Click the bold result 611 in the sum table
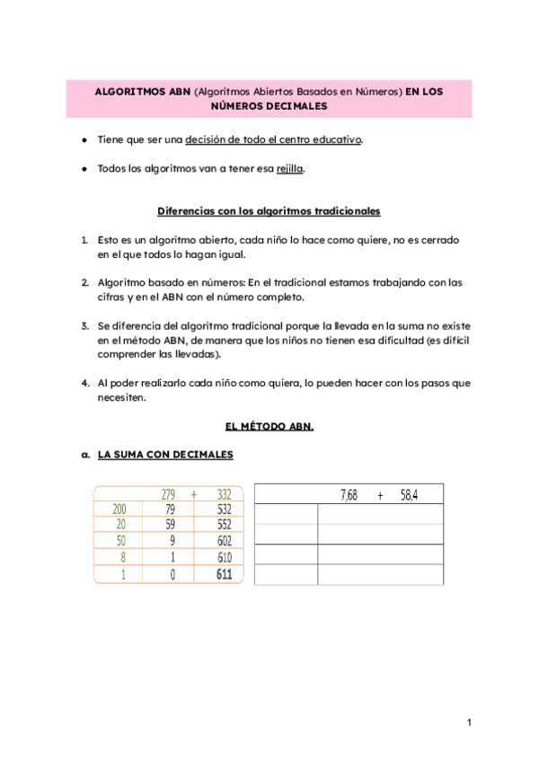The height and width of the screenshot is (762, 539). pyautogui.click(x=224, y=574)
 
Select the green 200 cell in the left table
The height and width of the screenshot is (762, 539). pyautogui.click(x=119, y=509)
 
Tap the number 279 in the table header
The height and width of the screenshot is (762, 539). pyautogui.click(x=168, y=494)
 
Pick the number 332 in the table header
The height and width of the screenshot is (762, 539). pyautogui.click(x=224, y=494)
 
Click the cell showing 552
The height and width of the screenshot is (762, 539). pyautogui.click(x=224, y=526)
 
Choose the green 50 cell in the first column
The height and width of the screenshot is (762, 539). pyautogui.click(x=119, y=542)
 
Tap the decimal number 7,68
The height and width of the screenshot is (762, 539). pyautogui.click(x=349, y=494)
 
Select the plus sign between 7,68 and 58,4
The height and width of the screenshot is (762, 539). pyautogui.click(x=381, y=494)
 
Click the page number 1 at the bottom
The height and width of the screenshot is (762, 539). pyautogui.click(x=469, y=722)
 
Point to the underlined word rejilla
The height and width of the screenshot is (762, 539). pyautogui.click(x=290, y=169)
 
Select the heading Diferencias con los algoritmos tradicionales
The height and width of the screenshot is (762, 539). pyautogui.click(x=269, y=211)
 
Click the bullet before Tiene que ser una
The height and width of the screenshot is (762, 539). pyautogui.click(x=84, y=141)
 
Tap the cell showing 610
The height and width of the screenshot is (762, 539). pyautogui.click(x=224, y=558)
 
